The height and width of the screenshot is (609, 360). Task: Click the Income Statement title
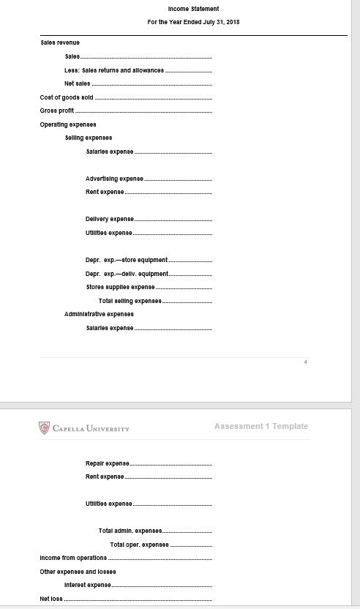[x=193, y=9]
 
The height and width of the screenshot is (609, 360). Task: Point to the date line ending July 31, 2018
[x=193, y=22]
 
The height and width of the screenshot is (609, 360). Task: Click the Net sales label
[x=77, y=84]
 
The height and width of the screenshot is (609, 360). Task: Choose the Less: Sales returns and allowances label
[x=114, y=70]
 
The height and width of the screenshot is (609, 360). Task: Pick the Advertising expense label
[x=114, y=179]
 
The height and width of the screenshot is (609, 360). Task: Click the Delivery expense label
[x=109, y=219]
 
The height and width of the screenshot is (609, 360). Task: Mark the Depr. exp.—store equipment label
[x=127, y=260]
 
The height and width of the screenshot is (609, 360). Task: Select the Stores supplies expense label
[x=120, y=287]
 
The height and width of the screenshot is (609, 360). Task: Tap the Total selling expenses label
[x=130, y=301]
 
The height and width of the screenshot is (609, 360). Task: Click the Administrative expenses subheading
[x=99, y=314]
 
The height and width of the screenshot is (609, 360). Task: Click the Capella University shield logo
[x=45, y=427]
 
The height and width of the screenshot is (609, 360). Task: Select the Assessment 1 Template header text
[x=261, y=426]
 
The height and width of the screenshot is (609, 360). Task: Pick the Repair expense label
[x=107, y=463]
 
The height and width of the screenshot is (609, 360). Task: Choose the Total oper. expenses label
[x=139, y=545]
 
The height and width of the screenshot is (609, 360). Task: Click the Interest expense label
[x=88, y=585]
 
